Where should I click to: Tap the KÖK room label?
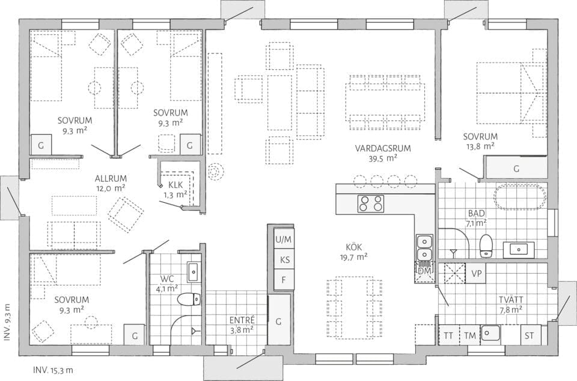pyautogui.click(x=353, y=247)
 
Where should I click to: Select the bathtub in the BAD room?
pyautogui.click(x=520, y=197)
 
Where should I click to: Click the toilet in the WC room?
pyautogui.click(x=189, y=299)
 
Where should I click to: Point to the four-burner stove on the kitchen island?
pyautogui.click(x=370, y=203)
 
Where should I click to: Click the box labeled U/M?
pyautogui.click(x=283, y=239)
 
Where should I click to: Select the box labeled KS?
pyautogui.click(x=283, y=259)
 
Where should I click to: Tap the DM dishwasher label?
pyautogui.click(x=424, y=271)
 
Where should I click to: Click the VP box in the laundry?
pyautogui.click(x=476, y=273)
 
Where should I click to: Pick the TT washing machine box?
pyautogui.click(x=448, y=335)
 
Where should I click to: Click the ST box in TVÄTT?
pyautogui.click(x=530, y=335)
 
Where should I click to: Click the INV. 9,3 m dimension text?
pyautogui.click(x=7, y=323)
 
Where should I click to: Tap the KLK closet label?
pyautogui.click(x=176, y=185)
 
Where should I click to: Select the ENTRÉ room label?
pyautogui.click(x=242, y=320)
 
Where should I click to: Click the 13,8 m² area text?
pyautogui.click(x=480, y=146)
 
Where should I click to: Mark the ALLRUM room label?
pyautogui.click(x=110, y=178)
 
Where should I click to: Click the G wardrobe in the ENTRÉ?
pyautogui.click(x=278, y=321)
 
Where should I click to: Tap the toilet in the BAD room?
pyautogui.click(x=486, y=245)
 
